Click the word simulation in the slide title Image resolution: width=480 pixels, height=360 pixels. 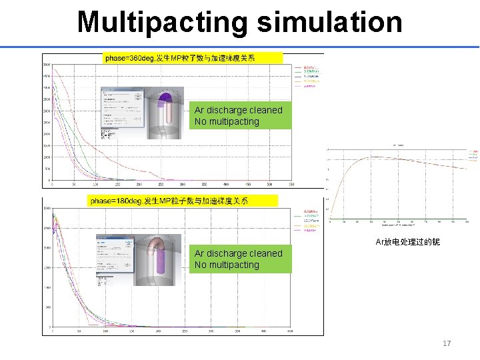pyautogui.click(x=329, y=22)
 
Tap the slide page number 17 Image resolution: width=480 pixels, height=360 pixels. pyautogui.click(x=447, y=343)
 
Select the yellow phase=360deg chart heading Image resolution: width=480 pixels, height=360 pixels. pyautogui.click(x=179, y=58)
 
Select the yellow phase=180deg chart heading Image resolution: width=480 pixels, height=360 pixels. pyautogui.click(x=169, y=201)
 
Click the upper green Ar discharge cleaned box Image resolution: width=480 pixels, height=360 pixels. pyautogui.click(x=239, y=115)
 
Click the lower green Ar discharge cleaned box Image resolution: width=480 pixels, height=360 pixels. pyautogui.click(x=239, y=259)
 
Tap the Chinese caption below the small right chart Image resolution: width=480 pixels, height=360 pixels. pyautogui.click(x=407, y=241)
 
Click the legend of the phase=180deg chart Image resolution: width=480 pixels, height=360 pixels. pyautogui.click(x=311, y=221)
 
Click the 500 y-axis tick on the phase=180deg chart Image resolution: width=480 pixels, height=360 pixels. pyautogui.click(x=47, y=307)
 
